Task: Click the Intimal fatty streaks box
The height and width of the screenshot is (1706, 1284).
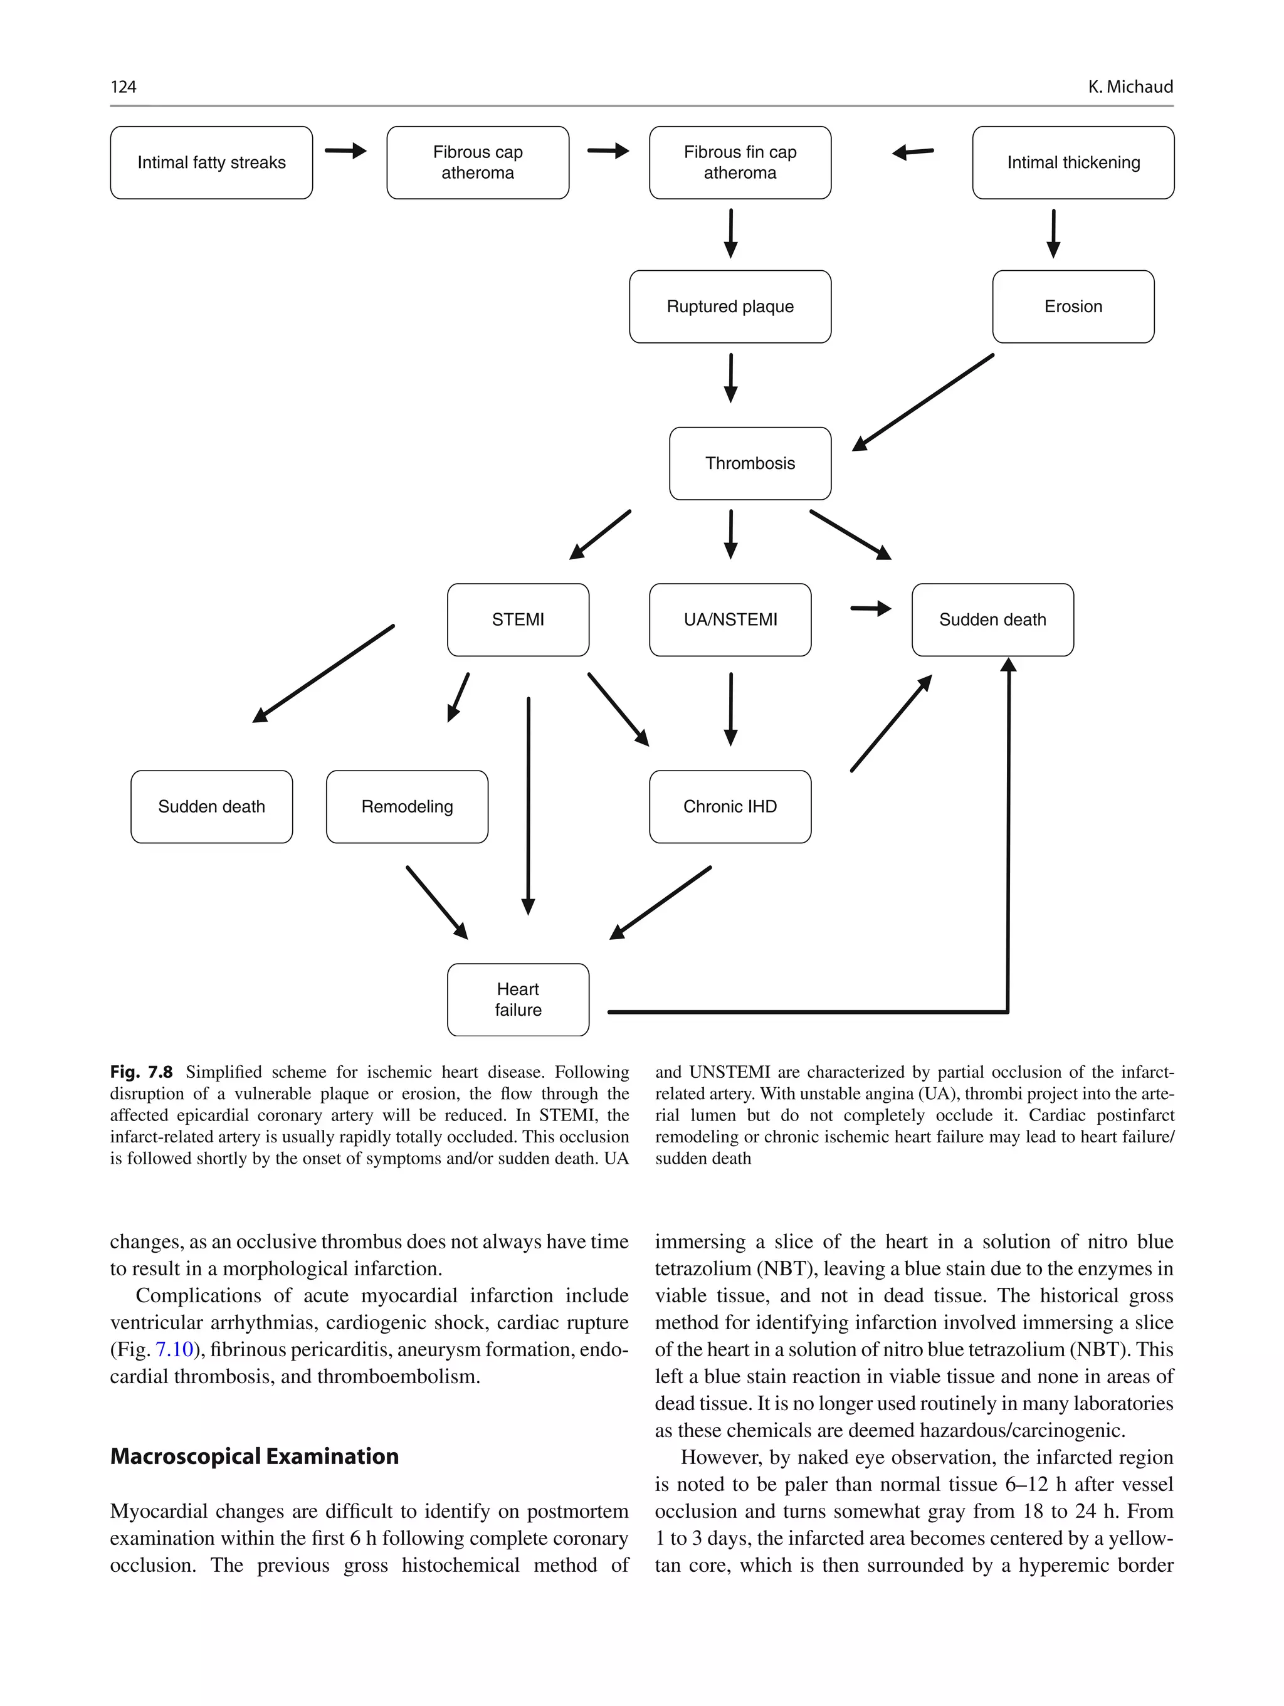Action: tap(211, 163)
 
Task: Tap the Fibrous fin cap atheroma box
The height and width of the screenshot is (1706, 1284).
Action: tap(740, 163)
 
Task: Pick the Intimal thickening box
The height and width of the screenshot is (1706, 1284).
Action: tap(1073, 163)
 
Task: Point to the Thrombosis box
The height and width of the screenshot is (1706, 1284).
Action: tap(750, 463)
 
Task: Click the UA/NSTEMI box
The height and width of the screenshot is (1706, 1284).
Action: tap(730, 619)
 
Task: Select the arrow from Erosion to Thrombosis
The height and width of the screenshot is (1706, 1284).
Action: tap(922, 403)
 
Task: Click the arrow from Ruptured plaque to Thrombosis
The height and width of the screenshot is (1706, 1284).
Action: tap(730, 377)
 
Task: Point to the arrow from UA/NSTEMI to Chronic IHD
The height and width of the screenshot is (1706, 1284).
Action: tap(730, 708)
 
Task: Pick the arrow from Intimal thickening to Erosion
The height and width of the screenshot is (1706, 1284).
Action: tap(1053, 233)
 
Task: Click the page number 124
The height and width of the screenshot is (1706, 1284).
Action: tap(124, 87)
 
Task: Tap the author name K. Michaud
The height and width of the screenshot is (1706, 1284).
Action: tap(1130, 87)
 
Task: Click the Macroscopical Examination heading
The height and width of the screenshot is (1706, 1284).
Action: tap(255, 1456)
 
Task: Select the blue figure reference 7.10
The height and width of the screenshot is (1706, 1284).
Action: tap(174, 1349)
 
